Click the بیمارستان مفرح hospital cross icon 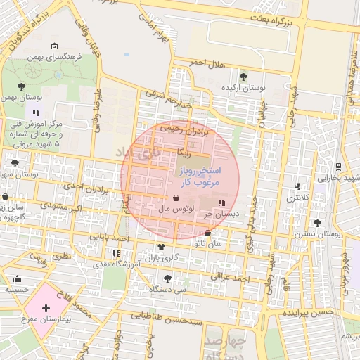46,308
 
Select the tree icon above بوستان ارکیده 243,77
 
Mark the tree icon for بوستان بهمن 22,86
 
